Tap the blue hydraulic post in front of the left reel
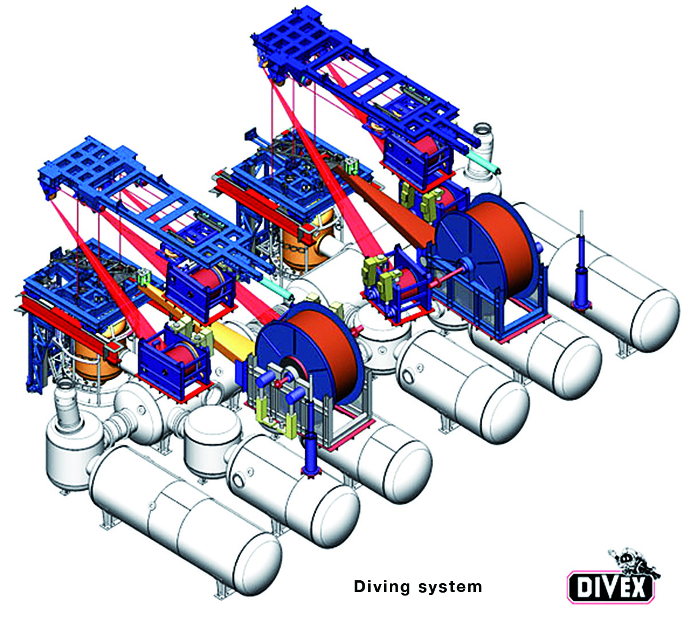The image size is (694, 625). (x=309, y=447)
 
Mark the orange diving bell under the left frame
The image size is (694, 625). (x=94, y=359)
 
